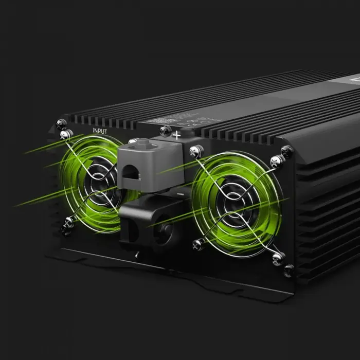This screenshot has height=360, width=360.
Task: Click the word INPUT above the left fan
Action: [x=100, y=131]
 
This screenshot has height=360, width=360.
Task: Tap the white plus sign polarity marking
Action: [x=176, y=135]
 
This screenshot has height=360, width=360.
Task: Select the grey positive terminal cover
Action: [x=151, y=165]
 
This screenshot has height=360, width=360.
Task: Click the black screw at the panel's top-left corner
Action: [x=61, y=123]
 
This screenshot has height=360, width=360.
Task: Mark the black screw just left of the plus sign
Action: [x=165, y=131]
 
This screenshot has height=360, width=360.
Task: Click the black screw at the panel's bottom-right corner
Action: [x=290, y=269]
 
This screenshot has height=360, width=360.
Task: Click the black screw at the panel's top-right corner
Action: [x=287, y=151]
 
